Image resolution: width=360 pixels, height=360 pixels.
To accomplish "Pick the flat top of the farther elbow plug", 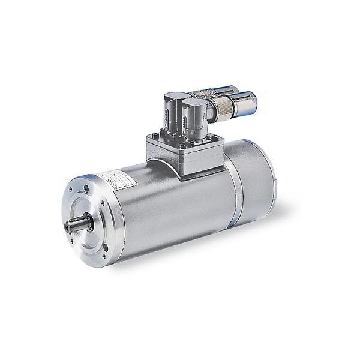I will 175,96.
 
